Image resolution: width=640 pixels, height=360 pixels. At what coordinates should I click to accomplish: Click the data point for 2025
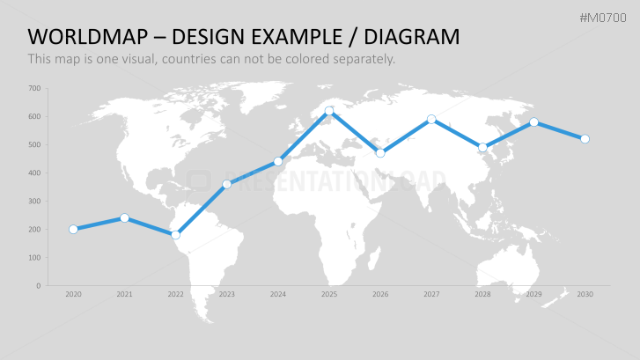329,111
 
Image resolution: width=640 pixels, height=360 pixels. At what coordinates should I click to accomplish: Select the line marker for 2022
175,235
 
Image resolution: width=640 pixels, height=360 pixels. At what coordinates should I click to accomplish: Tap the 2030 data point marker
585,139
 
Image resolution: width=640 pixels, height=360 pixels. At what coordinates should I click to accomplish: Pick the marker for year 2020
73,230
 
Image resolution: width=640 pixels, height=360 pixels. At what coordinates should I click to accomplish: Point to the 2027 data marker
431,120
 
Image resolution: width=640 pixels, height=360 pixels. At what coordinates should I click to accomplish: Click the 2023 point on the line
227,185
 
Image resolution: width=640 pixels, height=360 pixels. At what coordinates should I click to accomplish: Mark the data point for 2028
482,147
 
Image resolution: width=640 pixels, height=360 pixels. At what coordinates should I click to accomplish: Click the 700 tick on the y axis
34,88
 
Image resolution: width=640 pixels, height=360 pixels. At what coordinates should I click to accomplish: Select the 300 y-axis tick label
34,202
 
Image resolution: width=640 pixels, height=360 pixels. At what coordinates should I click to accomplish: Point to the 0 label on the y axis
39,286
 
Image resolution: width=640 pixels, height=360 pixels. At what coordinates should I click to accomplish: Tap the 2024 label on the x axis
278,294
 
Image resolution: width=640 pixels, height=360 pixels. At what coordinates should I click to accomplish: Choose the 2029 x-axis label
533,294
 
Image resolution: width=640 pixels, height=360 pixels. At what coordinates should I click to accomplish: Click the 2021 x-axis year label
124,294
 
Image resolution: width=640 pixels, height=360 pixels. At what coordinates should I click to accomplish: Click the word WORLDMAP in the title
88,37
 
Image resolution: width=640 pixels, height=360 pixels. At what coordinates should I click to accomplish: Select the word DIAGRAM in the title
412,37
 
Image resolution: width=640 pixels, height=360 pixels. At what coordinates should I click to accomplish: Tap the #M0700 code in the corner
603,18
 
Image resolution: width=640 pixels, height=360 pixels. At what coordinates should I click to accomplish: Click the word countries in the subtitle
189,59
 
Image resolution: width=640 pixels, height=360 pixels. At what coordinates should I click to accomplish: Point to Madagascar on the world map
374,259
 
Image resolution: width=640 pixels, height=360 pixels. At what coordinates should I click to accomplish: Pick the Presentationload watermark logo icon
199,180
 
